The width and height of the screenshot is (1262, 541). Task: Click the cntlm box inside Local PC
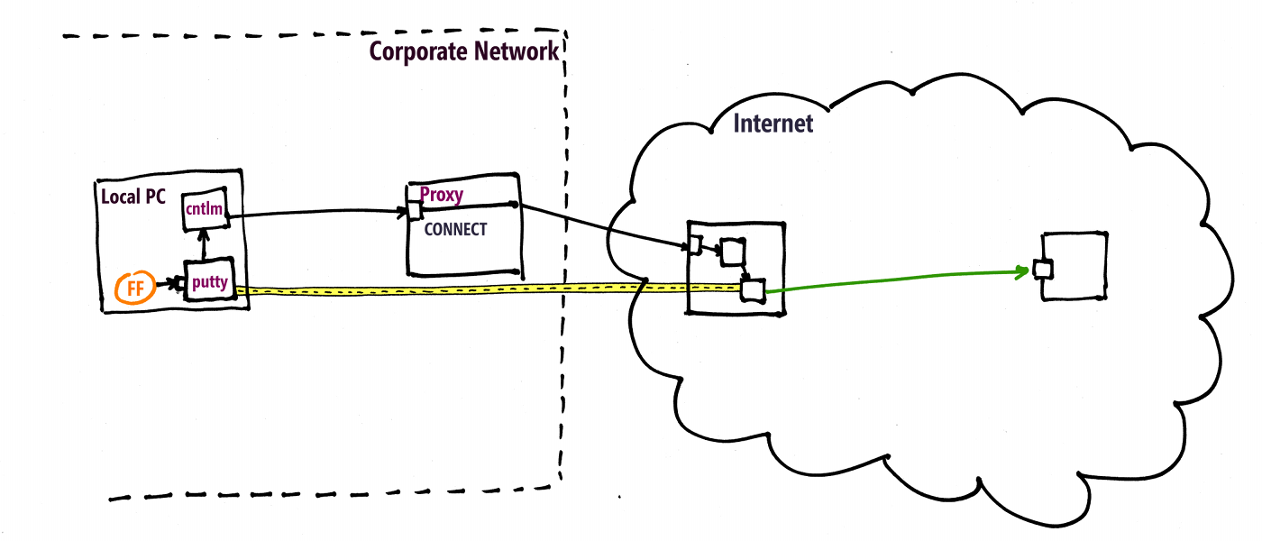(203, 209)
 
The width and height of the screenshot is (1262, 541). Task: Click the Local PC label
(133, 196)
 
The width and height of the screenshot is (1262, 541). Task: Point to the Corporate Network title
(464, 50)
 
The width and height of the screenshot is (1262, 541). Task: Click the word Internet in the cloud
(773, 124)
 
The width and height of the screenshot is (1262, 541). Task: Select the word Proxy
(442, 195)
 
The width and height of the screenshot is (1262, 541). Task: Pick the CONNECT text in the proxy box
(455, 229)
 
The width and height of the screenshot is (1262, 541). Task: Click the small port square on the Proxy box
(414, 211)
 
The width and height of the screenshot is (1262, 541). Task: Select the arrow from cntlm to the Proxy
(315, 214)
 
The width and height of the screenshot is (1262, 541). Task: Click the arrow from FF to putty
(168, 285)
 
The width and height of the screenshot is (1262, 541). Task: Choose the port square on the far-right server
(1043, 269)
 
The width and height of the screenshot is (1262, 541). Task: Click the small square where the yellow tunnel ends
(752, 289)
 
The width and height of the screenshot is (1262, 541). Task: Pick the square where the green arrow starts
(752, 289)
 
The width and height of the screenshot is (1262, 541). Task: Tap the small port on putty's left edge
(181, 285)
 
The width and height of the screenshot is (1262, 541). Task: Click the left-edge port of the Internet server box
(695, 243)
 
